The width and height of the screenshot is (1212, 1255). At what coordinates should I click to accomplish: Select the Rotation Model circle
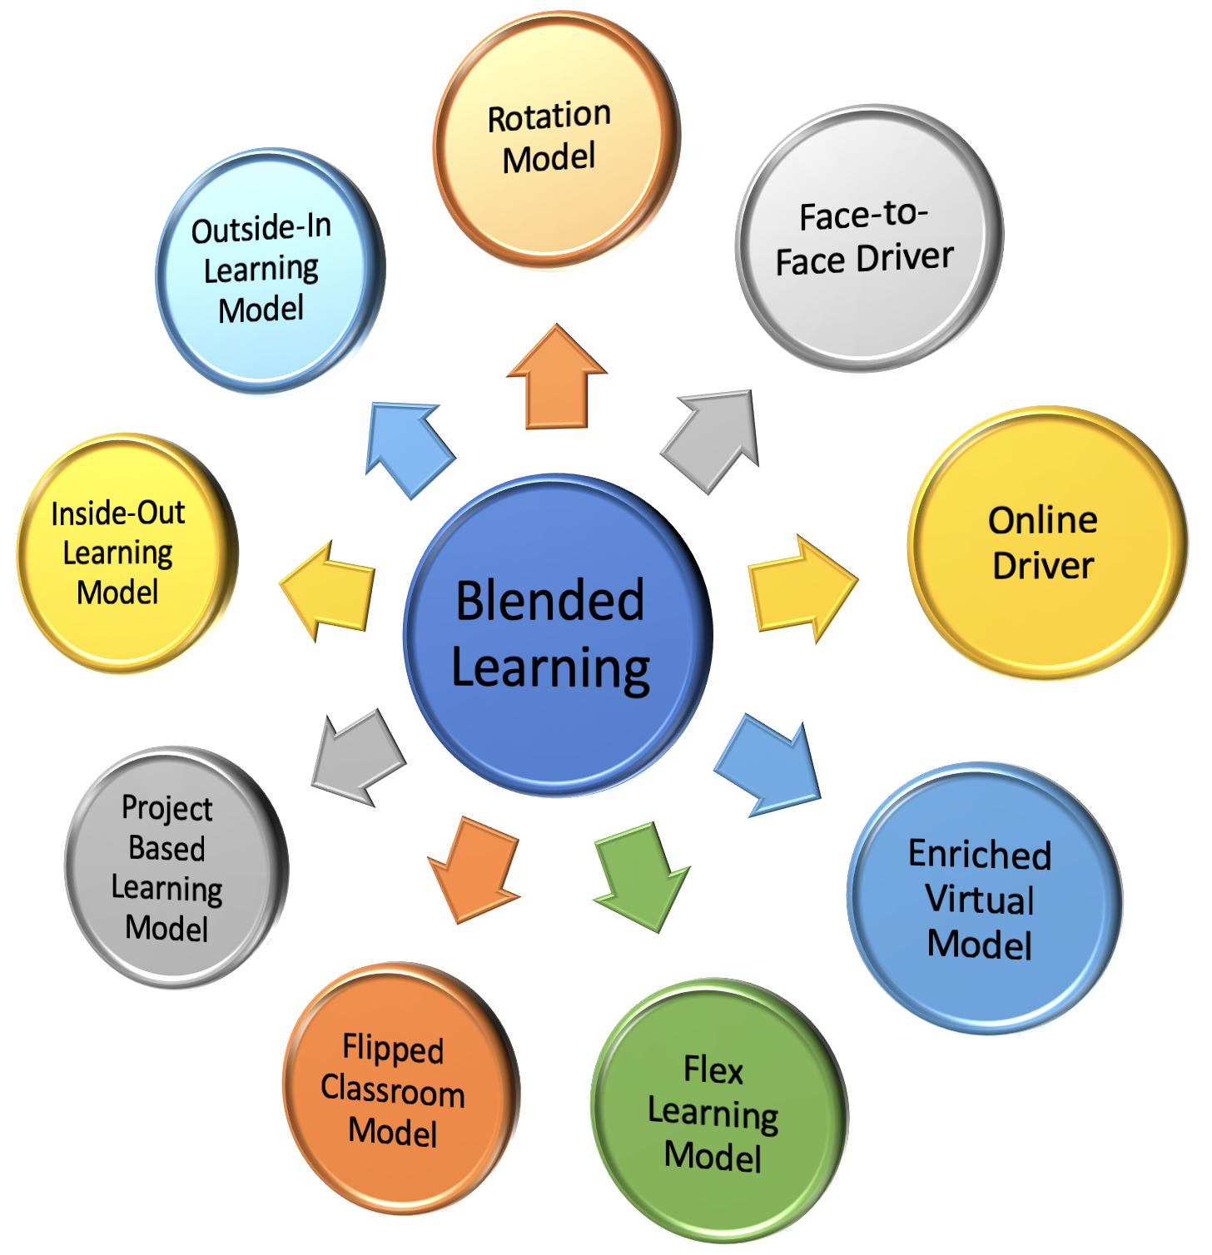(x=555, y=139)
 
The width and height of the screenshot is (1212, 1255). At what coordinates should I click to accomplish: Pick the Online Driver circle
(x=1046, y=543)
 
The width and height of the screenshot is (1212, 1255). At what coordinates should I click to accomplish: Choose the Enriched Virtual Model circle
(x=983, y=898)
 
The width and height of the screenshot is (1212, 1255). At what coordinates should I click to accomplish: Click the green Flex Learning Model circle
(x=718, y=1110)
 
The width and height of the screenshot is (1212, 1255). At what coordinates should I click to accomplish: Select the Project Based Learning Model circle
(x=173, y=867)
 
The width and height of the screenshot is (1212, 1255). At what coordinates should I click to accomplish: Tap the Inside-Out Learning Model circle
(x=125, y=553)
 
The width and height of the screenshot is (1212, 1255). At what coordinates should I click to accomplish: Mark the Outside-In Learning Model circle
(x=268, y=270)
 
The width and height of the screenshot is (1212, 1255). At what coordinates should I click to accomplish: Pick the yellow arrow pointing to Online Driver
(x=800, y=588)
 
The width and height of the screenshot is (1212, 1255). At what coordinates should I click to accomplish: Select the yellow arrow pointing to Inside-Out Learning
(x=329, y=590)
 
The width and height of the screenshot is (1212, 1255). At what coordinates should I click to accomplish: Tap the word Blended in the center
(x=550, y=600)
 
